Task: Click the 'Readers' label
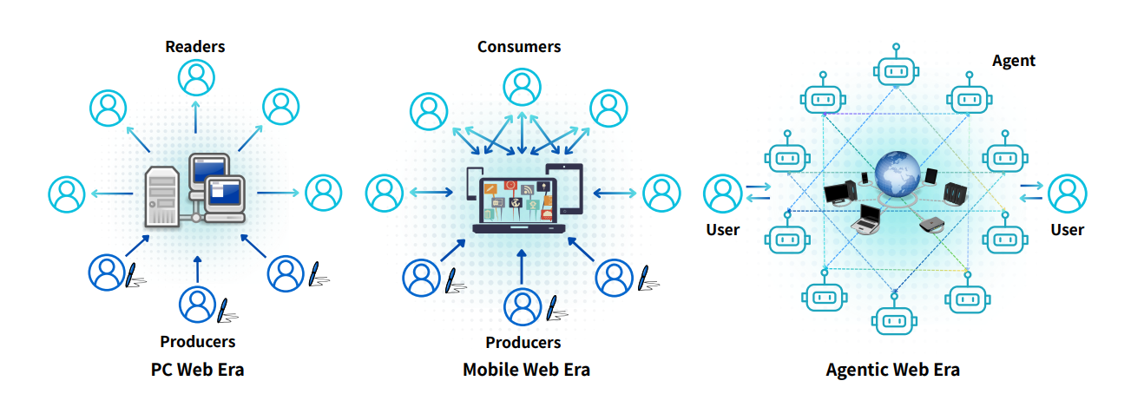[x=196, y=46]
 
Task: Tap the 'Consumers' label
[x=519, y=46]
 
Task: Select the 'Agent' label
[x=1013, y=60]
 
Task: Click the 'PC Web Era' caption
[x=197, y=369]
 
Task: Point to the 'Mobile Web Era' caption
[x=526, y=369]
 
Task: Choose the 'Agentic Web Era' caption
[x=892, y=370]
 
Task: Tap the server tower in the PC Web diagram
[x=162, y=194]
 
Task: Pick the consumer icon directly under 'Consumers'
[x=521, y=87]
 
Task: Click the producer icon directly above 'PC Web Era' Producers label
[x=197, y=303]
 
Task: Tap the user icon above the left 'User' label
[x=722, y=193]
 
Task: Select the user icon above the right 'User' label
[x=1067, y=193]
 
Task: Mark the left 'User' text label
[x=722, y=230]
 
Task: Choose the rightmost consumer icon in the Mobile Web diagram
[x=661, y=193]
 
